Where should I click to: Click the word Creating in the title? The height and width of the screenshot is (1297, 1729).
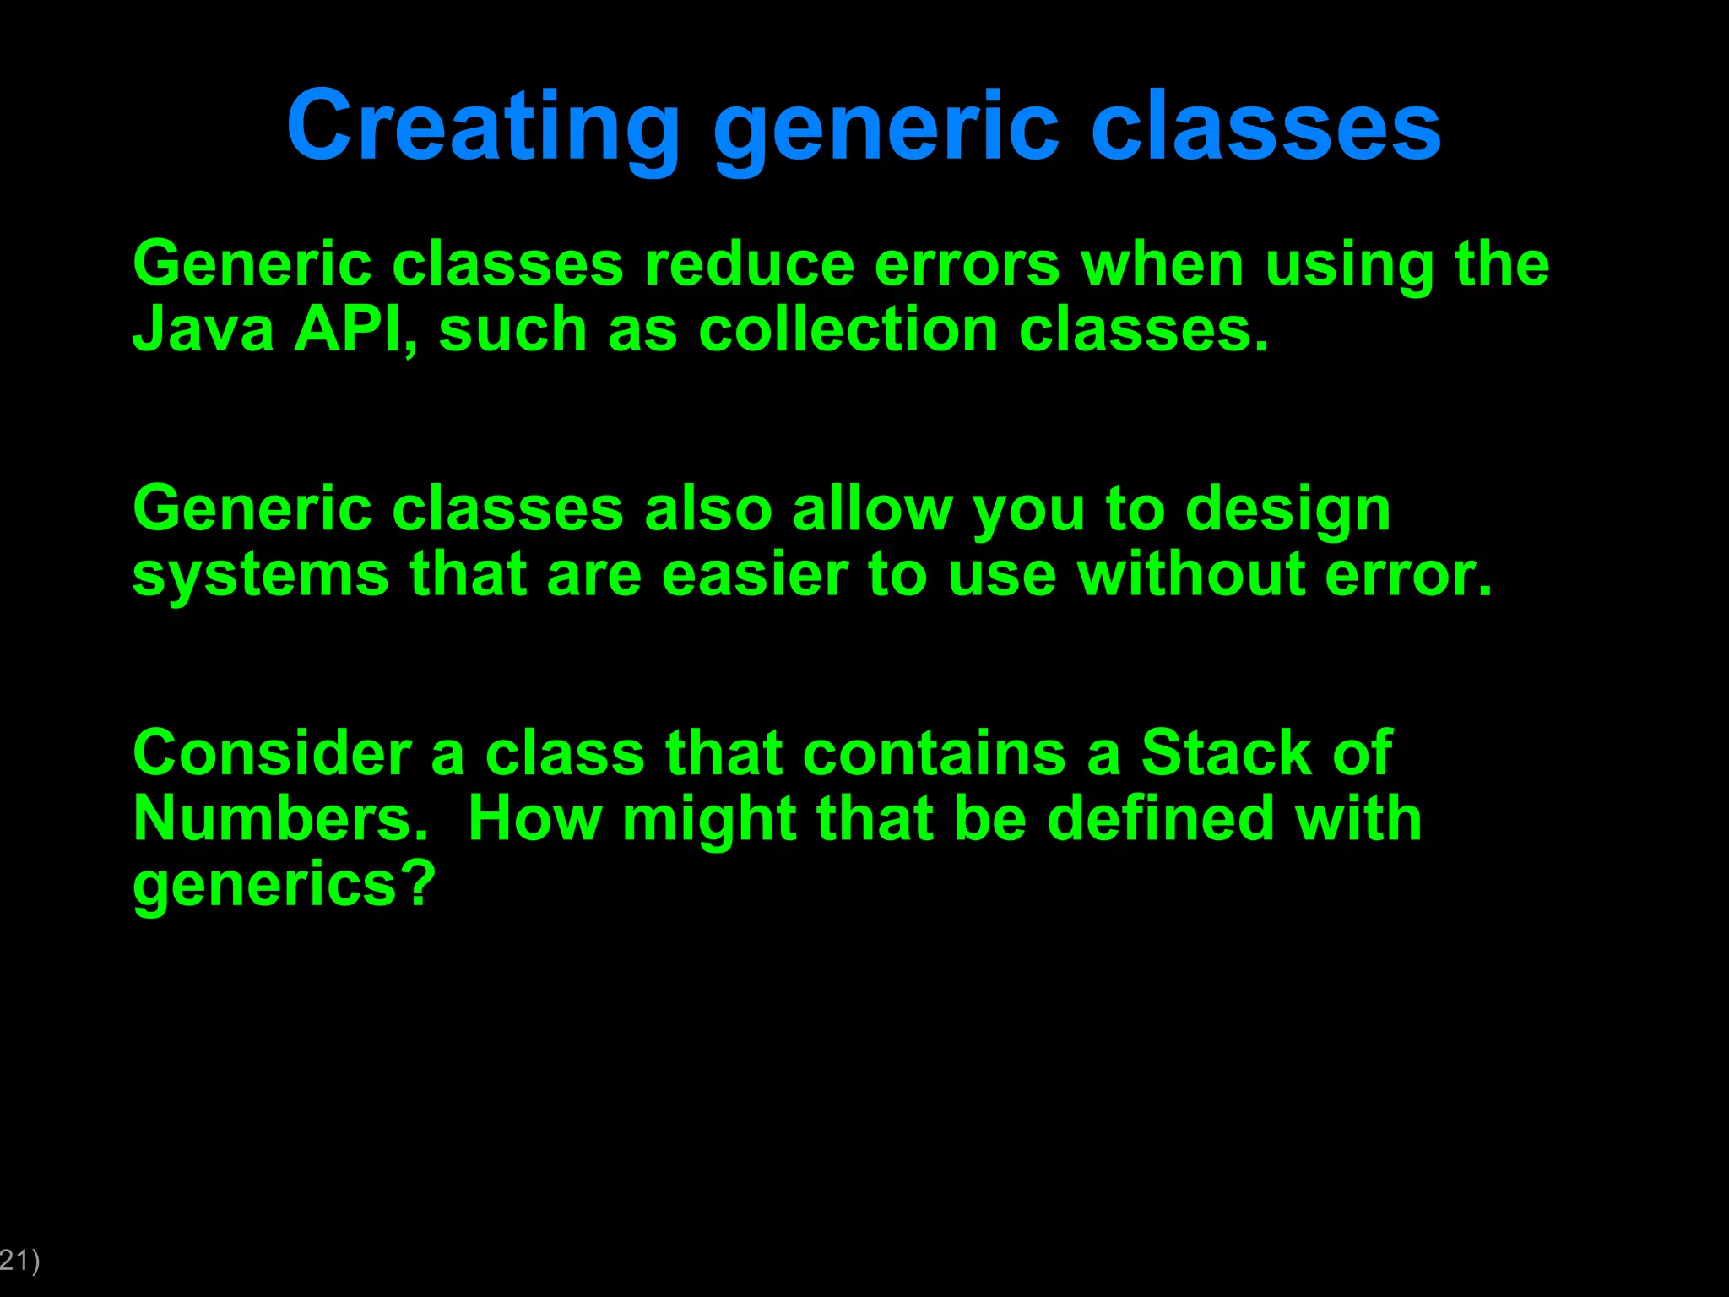[483, 127]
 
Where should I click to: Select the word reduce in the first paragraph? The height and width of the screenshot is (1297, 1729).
[749, 265]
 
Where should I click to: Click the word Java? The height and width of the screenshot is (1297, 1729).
[203, 329]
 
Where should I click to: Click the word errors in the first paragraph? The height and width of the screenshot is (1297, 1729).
[967, 265]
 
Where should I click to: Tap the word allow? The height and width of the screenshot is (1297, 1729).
[872, 510]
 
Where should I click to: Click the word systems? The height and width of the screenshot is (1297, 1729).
[260, 575]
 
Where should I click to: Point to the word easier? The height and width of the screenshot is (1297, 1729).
[754, 575]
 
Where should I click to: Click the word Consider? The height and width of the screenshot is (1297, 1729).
[272, 753]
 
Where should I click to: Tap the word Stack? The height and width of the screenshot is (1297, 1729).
[1226, 753]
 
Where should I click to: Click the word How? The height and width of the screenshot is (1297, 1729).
[534, 819]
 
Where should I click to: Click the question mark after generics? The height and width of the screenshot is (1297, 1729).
[418, 884]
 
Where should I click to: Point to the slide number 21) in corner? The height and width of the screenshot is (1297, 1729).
[19, 1261]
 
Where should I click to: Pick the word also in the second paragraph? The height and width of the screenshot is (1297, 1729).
[707, 510]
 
